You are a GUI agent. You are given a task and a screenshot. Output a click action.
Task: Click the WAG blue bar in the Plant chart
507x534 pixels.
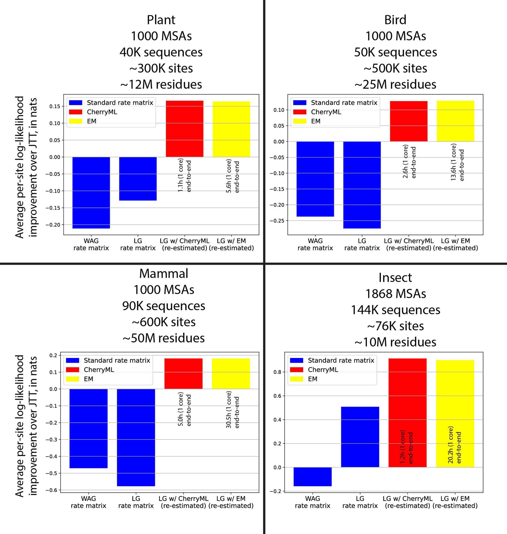pyautogui.click(x=91, y=192)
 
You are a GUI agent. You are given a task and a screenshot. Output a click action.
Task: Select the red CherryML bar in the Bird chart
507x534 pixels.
pyautogui.click(x=409, y=121)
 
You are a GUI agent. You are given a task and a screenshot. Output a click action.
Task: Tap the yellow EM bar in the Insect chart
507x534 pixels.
pyautogui.click(x=455, y=413)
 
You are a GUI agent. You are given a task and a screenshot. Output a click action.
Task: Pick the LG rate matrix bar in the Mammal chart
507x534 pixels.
pyautogui.click(x=136, y=437)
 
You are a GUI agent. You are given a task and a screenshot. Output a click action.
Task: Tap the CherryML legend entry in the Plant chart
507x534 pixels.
pyautogui.click(x=102, y=112)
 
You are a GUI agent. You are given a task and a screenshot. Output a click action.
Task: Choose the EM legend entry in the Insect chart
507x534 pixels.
pyautogui.click(x=313, y=379)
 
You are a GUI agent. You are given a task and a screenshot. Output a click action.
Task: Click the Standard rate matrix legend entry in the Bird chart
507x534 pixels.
pyautogui.click(x=344, y=103)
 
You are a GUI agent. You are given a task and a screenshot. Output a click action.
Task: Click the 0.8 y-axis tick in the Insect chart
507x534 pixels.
pyautogui.click(x=278, y=372)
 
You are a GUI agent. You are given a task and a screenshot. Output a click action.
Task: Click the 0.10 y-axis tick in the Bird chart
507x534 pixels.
pyautogui.click(x=279, y=110)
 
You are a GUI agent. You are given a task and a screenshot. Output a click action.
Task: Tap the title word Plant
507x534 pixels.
pyautogui.click(x=161, y=20)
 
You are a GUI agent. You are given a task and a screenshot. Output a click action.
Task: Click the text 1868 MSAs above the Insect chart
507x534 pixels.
pyautogui.click(x=395, y=294)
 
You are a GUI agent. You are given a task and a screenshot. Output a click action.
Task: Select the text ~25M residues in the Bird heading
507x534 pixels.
pyautogui.click(x=395, y=84)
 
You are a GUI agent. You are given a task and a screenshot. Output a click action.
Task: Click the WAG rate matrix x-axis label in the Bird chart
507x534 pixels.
pyautogui.click(x=315, y=244)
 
